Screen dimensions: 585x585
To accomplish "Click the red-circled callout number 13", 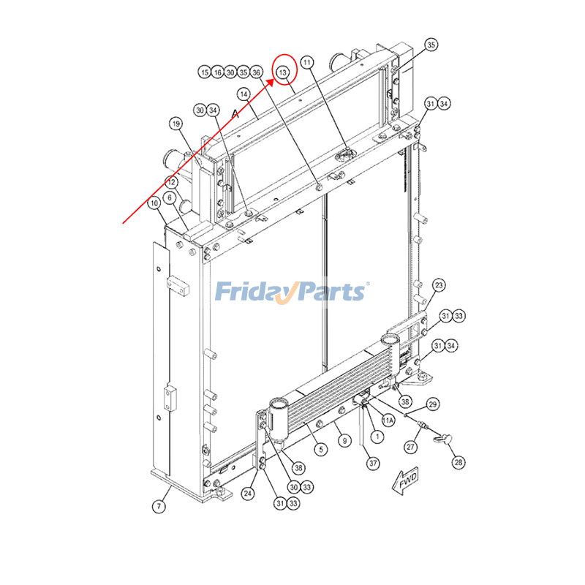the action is coord(283,72).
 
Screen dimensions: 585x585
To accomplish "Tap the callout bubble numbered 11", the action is coord(307,62).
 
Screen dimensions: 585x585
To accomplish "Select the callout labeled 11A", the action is coord(388,420).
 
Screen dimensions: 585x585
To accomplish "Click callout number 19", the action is coord(176,124).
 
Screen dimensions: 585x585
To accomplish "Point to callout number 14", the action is coord(244,94).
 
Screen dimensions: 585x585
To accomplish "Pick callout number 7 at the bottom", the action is coord(159,506).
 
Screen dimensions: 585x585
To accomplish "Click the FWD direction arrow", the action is coord(405,482).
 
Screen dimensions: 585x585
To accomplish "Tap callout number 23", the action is coord(439,285).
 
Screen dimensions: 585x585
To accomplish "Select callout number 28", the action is coord(458,463).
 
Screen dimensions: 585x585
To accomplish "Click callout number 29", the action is coord(432,404).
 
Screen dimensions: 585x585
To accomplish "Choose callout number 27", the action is coord(410,447).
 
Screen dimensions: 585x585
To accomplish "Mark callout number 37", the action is coord(373,464).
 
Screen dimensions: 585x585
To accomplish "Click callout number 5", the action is coord(321,450).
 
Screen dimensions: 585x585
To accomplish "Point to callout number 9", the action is coord(344,441).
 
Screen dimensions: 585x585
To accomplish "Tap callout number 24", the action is coord(248,494).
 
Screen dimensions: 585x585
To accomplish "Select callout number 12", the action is coord(171,182).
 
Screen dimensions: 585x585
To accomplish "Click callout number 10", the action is coord(154,203).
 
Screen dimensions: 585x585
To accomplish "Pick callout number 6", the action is coord(170,197).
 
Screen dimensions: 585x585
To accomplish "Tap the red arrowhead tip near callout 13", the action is coord(273,79).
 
